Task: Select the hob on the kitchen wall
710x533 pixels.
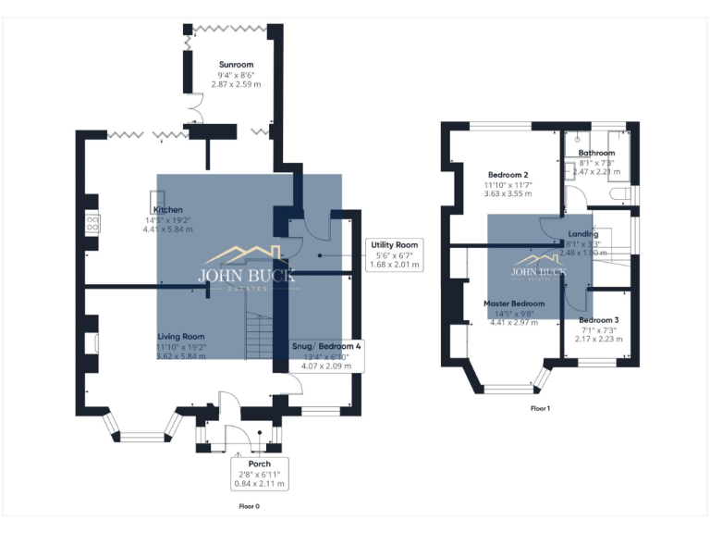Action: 92,222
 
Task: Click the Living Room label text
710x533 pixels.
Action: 180,336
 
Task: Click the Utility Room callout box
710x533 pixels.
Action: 395,254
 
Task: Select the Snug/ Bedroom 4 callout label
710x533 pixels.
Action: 325,354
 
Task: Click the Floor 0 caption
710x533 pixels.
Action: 249,506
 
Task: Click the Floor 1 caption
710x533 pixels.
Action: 540,407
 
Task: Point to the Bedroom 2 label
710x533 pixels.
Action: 507,175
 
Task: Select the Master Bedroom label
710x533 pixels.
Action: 514,304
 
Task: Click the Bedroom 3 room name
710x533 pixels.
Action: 600,319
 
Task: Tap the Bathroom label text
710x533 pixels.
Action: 596,153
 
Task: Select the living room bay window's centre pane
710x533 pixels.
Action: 141,434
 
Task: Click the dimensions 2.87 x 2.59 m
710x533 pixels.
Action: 236,84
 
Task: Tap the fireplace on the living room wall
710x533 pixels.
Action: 93,341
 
